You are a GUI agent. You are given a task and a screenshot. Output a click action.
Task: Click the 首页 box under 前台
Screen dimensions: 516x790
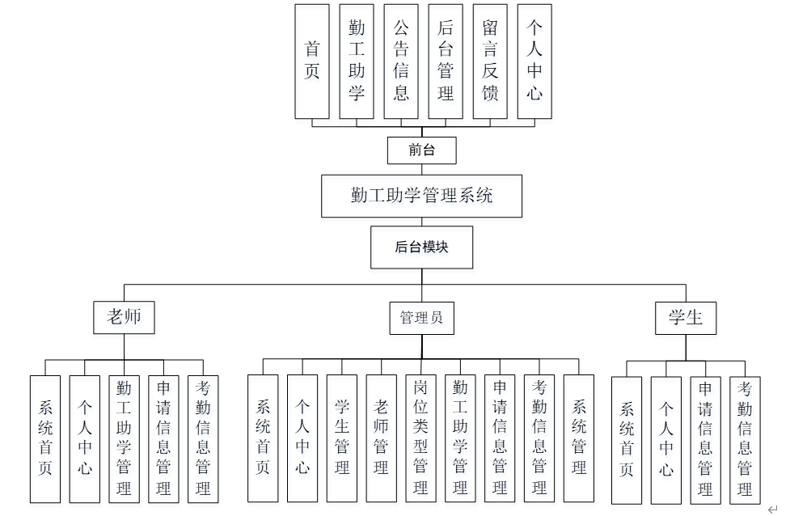[312, 61]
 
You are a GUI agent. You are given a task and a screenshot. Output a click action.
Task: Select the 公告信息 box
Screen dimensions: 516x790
[401, 61]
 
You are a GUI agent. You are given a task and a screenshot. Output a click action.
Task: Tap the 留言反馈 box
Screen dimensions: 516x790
[490, 61]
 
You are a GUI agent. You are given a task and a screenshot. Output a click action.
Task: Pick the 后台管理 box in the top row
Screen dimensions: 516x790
[446, 61]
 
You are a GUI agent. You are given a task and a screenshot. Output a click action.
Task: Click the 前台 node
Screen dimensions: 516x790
[421, 150]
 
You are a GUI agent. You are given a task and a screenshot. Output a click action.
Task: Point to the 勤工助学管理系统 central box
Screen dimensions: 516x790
[421, 196]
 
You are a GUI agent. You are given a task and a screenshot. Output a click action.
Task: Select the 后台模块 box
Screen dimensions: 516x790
[421, 247]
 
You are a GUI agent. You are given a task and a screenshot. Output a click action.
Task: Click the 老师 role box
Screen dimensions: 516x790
[124, 317]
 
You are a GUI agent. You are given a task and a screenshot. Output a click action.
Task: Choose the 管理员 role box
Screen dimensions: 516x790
[421, 318]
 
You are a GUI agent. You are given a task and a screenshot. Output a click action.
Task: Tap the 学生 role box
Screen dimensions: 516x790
[685, 318]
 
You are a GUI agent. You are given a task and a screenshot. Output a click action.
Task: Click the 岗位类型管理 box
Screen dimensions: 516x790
[420, 438]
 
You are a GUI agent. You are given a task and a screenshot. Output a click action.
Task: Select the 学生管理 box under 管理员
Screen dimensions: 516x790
[342, 438]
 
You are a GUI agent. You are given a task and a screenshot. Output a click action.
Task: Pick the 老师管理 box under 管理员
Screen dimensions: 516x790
[382, 438]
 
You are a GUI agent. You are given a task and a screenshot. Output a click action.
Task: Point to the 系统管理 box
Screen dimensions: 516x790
[579, 438]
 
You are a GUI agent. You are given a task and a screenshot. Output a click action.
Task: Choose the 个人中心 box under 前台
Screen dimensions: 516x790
[534, 61]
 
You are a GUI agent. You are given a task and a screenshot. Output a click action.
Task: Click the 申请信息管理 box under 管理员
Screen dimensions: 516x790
[500, 438]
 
